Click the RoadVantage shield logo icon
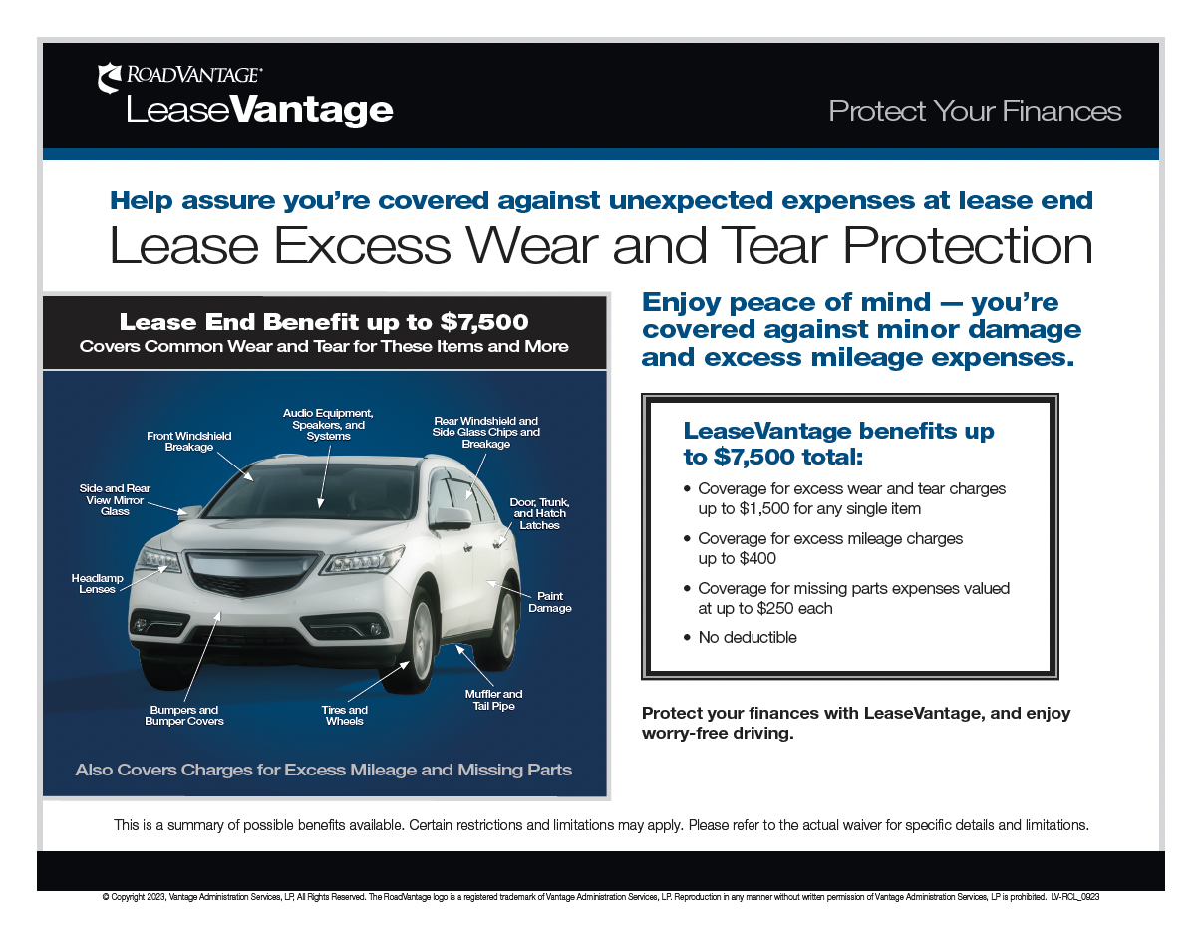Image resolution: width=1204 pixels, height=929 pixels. pos(110,78)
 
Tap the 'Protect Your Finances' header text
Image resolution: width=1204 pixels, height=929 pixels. pos(975,111)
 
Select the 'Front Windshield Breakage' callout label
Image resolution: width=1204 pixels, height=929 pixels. pos(189,441)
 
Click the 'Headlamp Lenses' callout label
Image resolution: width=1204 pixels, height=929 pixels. pos(97,584)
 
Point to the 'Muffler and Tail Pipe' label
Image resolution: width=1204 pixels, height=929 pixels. pos(493,700)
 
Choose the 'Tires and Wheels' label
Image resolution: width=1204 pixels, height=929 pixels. pos(344,715)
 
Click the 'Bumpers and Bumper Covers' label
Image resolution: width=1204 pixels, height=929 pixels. pos(184,715)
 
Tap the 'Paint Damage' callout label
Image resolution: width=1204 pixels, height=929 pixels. pos(549,602)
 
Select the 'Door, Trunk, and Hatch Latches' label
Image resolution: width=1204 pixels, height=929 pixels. pos(539,513)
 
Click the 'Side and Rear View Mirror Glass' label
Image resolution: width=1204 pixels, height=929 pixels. pos(115,499)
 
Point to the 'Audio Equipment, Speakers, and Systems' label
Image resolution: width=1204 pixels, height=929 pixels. pos(328,425)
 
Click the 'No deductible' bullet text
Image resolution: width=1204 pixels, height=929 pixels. pos(748,637)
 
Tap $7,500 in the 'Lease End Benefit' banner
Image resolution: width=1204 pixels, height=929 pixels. pos(484,322)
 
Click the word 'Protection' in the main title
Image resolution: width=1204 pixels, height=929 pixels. pos(968,245)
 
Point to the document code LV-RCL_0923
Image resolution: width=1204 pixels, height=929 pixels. pos(1074,897)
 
